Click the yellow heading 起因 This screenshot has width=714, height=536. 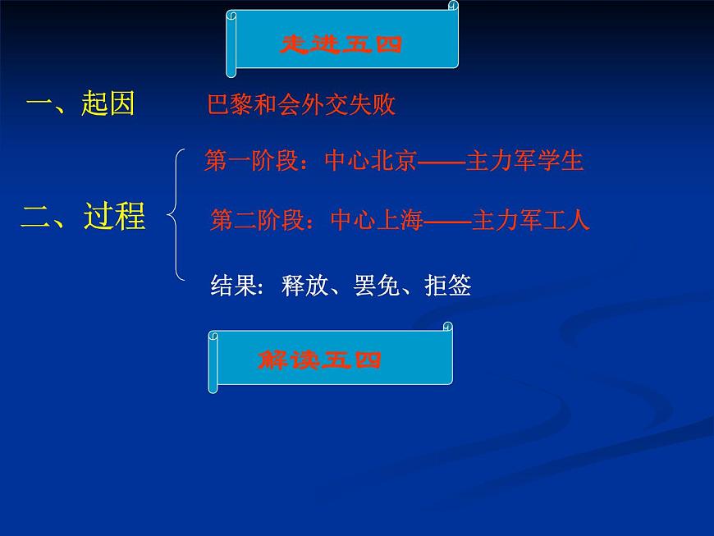[x=108, y=104]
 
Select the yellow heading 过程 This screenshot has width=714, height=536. [x=114, y=217]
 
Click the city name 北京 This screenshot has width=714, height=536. [x=394, y=161]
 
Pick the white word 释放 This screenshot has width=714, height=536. [x=304, y=286]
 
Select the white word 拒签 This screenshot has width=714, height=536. [x=448, y=286]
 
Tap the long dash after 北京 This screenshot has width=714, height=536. [x=442, y=162]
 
